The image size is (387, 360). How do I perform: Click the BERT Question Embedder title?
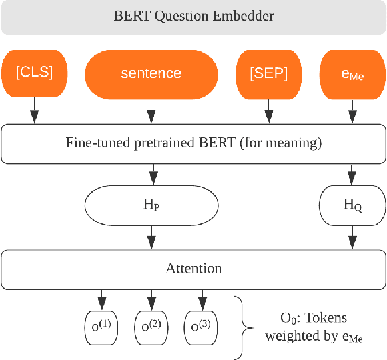click(193, 16)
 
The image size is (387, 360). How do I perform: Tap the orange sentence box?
click(151, 73)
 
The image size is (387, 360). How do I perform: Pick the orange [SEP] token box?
click(268, 73)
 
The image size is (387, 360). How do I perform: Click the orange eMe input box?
click(352, 73)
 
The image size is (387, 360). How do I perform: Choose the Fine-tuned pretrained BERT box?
click(193, 143)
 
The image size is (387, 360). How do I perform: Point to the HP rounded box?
click(152, 205)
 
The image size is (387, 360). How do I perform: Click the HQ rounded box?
click(352, 205)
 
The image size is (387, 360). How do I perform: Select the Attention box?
click(193, 268)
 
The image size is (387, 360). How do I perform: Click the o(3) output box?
click(201, 326)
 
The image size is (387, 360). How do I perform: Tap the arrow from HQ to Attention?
click(352, 237)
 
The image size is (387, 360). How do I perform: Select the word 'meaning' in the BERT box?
click(291, 143)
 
